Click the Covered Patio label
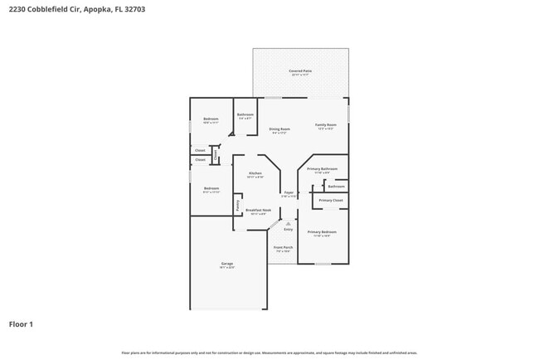click(300, 71)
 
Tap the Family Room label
click(326, 125)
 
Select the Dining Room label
click(279, 129)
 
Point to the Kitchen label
click(255, 173)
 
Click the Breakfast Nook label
click(258, 211)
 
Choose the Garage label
click(226, 264)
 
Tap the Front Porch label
click(283, 247)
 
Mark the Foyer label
click(289, 192)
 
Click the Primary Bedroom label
click(322, 232)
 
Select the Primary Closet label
click(331, 200)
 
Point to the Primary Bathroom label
click(322, 169)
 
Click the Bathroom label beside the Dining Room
click(245, 114)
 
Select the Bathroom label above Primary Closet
click(336, 186)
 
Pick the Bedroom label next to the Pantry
click(211, 188)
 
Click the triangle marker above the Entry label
click(288, 224)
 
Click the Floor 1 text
click(21, 324)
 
